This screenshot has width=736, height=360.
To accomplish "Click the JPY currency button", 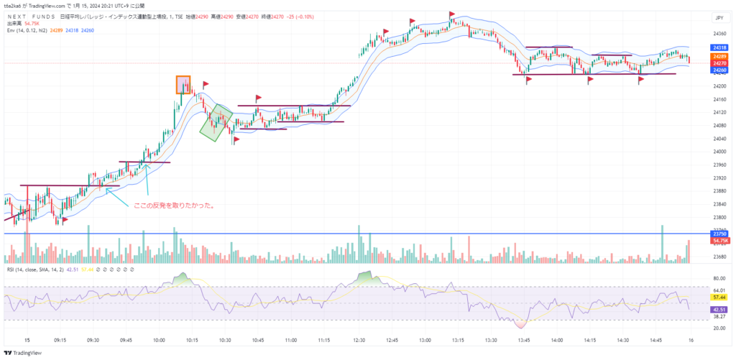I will click(x=719, y=17).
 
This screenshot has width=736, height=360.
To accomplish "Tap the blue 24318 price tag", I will click(x=719, y=48).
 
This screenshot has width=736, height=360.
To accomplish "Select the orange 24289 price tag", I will click(x=719, y=56).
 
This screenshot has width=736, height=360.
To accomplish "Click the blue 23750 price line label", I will click(x=719, y=234).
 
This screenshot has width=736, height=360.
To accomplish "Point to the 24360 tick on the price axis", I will click(x=719, y=34).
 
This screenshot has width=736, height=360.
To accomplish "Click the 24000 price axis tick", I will click(x=719, y=152).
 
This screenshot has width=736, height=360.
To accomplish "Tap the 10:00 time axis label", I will click(x=160, y=341).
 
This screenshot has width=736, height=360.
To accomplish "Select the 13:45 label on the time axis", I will click(x=524, y=341).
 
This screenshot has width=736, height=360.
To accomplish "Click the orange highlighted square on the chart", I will click(x=183, y=85).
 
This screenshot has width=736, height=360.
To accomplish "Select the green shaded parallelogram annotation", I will click(x=216, y=122).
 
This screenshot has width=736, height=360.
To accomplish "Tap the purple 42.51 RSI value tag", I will click(x=719, y=309).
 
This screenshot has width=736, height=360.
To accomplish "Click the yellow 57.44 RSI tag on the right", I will click(x=719, y=296).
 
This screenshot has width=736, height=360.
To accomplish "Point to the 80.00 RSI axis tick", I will click(x=719, y=277).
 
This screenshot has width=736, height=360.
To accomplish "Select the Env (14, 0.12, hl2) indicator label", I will click(x=27, y=31).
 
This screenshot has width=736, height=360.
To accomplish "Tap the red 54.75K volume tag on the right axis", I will click(x=719, y=240).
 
